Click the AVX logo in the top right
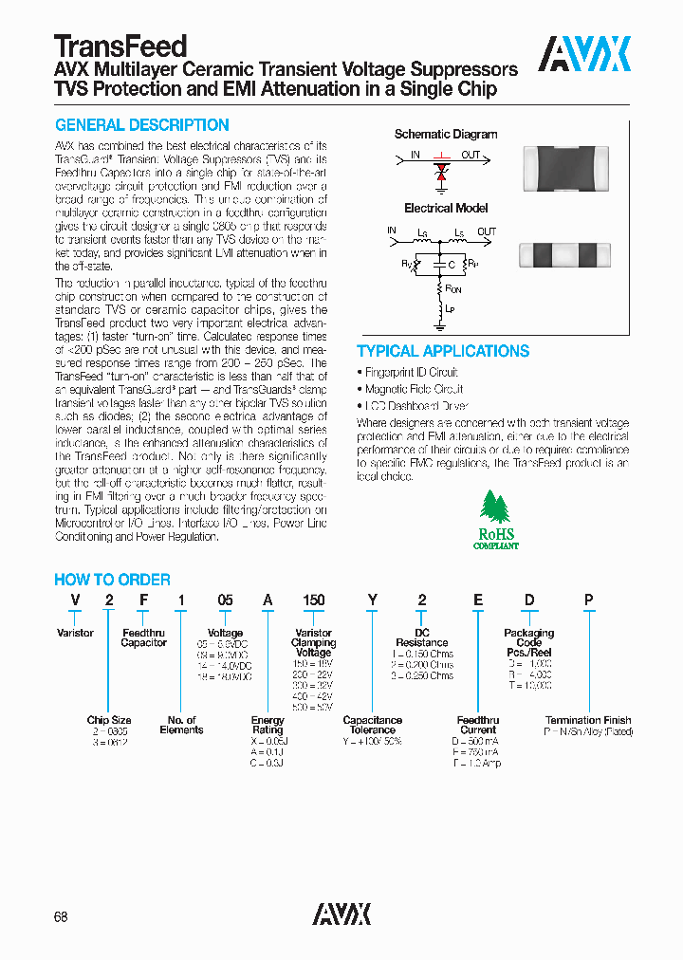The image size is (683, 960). [584, 54]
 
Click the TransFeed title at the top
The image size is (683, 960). [120, 46]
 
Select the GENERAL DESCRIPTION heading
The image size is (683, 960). [141, 125]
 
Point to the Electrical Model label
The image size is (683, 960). [446, 208]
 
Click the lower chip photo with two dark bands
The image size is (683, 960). [563, 256]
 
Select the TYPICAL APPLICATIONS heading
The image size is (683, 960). [442, 351]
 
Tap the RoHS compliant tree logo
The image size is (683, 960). [496, 520]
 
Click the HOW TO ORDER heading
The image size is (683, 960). [112, 580]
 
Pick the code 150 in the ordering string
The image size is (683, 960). [313, 600]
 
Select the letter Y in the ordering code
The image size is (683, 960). [372, 600]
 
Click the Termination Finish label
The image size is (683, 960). [587, 721]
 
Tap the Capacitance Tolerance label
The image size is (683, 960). [372, 725]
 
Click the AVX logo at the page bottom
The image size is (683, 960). [341, 914]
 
